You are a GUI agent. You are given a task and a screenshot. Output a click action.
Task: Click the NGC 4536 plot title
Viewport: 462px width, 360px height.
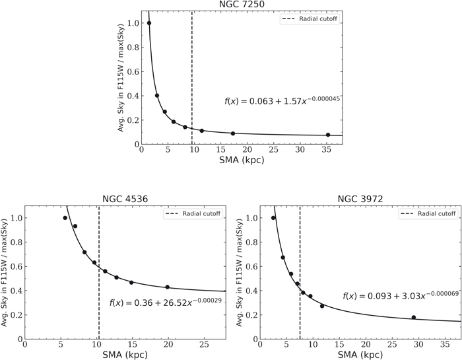[125, 199]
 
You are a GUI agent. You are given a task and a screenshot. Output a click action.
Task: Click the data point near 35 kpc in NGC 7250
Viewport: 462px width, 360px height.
[327, 135]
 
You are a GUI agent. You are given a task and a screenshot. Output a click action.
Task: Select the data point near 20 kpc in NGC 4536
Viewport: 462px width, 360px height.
[168, 287]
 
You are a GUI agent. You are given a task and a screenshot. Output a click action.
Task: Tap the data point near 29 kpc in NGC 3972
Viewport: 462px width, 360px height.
[414, 318]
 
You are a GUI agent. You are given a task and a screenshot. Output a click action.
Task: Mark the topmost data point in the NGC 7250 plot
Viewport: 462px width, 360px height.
[149, 23]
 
